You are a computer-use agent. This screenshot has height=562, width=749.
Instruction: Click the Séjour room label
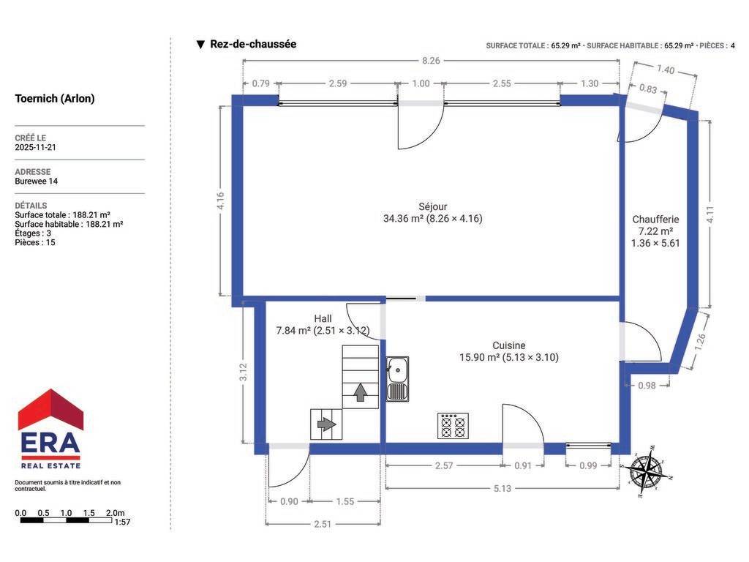coord(433,207)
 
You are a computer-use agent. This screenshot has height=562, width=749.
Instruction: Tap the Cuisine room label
coord(509,345)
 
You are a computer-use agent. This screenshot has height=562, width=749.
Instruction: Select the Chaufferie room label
coord(655,220)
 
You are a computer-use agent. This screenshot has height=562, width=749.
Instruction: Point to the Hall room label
coord(323,319)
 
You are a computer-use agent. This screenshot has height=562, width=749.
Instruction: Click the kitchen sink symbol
coord(397,378)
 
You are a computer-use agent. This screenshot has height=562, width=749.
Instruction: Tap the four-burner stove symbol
coord(453,426)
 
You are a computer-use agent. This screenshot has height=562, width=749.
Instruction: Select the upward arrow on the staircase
coord(361,392)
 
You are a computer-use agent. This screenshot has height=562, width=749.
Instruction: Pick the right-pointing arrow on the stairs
coord(327,424)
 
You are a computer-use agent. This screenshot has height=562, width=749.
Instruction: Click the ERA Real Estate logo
coord(50,429)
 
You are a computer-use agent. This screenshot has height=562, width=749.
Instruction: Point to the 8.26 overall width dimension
coord(431,61)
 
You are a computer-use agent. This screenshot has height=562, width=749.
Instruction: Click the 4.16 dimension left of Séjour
coord(220,201)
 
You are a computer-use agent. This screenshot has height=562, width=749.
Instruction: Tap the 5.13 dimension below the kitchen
coord(503,488)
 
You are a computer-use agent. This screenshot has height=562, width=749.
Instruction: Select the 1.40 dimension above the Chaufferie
coord(666,70)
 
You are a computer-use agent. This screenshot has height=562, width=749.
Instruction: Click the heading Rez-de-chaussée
coord(253,44)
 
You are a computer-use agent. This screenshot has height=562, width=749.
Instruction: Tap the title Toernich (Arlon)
coord(55,99)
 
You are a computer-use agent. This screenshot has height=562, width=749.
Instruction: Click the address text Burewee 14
coord(37,181)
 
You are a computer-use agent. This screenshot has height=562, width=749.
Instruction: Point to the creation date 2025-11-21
coord(35,147)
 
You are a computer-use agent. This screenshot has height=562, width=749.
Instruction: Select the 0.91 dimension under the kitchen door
coord(523,465)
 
